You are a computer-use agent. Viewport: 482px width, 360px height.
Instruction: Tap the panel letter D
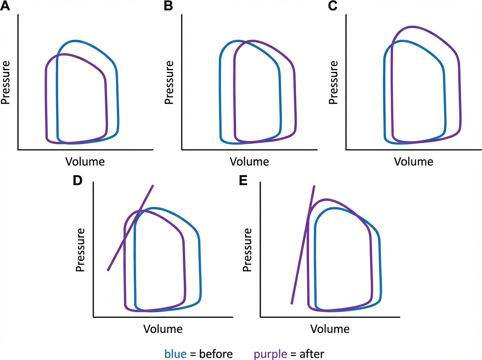78,180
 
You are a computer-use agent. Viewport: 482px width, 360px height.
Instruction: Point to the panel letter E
243,180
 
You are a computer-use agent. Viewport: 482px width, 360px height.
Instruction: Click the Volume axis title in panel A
85,162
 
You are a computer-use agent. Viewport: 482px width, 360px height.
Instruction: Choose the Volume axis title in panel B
249,162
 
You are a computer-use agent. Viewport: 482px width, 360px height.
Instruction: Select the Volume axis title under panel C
414,162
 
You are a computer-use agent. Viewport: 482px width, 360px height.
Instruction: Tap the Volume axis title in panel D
163,329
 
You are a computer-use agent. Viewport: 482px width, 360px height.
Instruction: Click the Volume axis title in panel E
330,329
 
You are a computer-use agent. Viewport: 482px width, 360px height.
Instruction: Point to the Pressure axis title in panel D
81,250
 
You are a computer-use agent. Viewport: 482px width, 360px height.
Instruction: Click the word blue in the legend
175,354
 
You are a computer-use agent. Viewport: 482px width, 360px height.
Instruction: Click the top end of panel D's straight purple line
153,186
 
